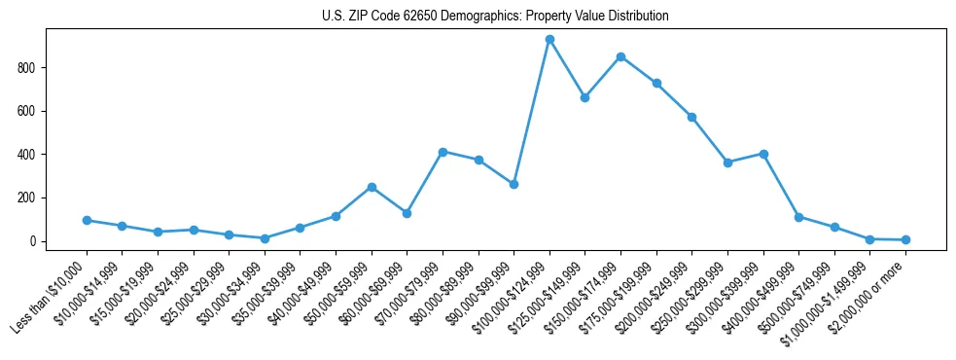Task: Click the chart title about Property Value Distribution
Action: click(495, 17)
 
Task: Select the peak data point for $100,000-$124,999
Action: click(549, 40)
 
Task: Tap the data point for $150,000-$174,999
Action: click(620, 56)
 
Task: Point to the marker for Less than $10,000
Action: click(87, 220)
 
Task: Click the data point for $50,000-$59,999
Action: click(372, 187)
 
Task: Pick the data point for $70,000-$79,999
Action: click(443, 152)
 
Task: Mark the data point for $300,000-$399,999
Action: click(763, 154)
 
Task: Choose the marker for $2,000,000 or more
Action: click(905, 239)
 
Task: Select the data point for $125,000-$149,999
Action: click(584, 97)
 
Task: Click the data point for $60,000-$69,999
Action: click(407, 213)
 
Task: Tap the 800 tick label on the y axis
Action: click(27, 68)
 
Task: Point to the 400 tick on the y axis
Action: click(27, 155)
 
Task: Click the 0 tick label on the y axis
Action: click(33, 241)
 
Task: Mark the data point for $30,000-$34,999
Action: click(265, 238)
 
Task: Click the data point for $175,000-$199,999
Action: click(656, 84)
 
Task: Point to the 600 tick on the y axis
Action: click(27, 111)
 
